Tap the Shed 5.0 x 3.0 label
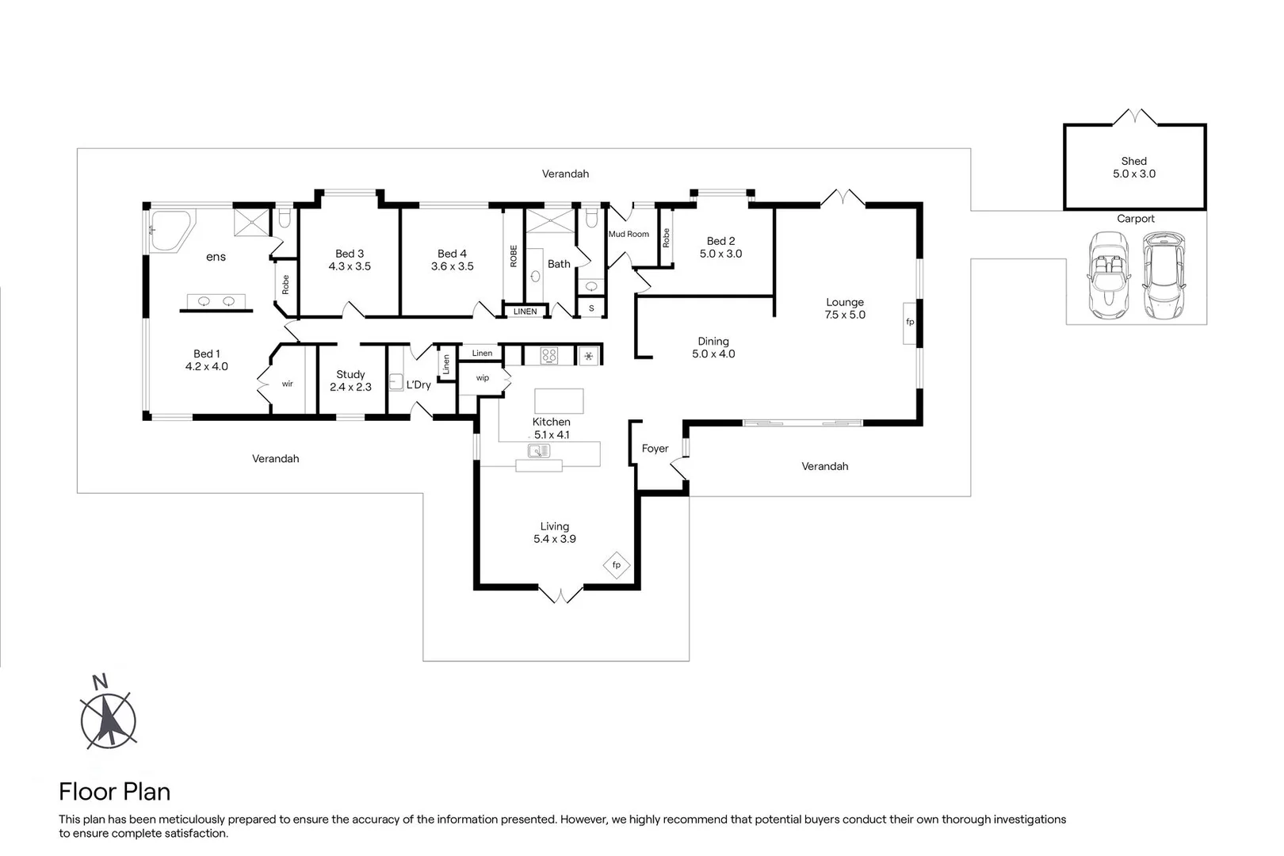pyautogui.click(x=1133, y=167)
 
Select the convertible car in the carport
pyautogui.click(x=1107, y=275)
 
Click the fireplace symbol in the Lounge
pyautogui.click(x=909, y=322)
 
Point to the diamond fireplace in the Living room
pyautogui.click(x=616, y=565)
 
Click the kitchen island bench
pyautogui.click(x=559, y=400)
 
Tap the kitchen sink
pyautogui.click(x=539, y=451)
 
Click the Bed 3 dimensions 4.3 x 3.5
pyautogui.click(x=350, y=266)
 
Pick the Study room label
pyautogui.click(x=350, y=374)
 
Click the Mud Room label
pyautogui.click(x=629, y=234)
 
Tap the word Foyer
pyautogui.click(x=655, y=449)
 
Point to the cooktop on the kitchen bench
pyautogui.click(x=549, y=356)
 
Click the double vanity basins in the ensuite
pyautogui.click(x=216, y=301)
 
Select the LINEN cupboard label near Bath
pyautogui.click(x=525, y=311)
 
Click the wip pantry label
pyautogui.click(x=482, y=378)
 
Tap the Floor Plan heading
pyautogui.click(x=115, y=791)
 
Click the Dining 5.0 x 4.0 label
pyautogui.click(x=713, y=348)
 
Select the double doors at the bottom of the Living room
pyautogui.click(x=560, y=594)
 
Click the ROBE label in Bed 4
pyautogui.click(x=514, y=255)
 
